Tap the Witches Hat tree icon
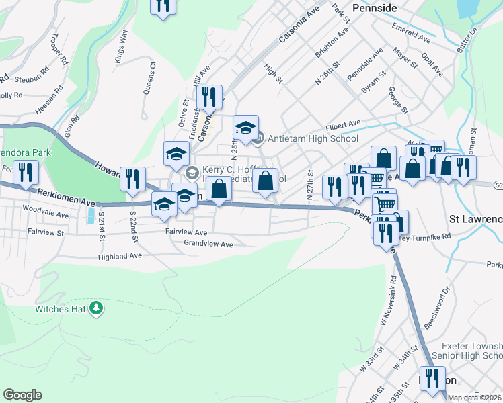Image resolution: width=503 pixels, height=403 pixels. pyautogui.click(x=98, y=308)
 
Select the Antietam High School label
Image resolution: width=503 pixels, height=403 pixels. pyautogui.click(x=313, y=139)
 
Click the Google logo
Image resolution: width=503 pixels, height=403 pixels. pyautogui.click(x=22, y=395)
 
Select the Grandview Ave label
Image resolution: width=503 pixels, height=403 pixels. pyautogui.click(x=208, y=244)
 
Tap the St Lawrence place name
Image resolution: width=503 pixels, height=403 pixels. pyautogui.click(x=475, y=220)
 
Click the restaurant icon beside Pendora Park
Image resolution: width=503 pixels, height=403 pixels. pyautogui.click(x=26, y=173)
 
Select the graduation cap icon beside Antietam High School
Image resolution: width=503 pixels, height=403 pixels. pyautogui.click(x=246, y=126)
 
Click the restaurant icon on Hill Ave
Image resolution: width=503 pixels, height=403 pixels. pyautogui.click(x=211, y=97)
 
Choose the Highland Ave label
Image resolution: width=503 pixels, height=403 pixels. pyautogui.click(x=120, y=256)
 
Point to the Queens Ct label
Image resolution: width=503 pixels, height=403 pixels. pyautogui.click(x=148, y=79)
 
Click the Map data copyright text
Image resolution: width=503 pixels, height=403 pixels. pyautogui.click(x=474, y=398)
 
